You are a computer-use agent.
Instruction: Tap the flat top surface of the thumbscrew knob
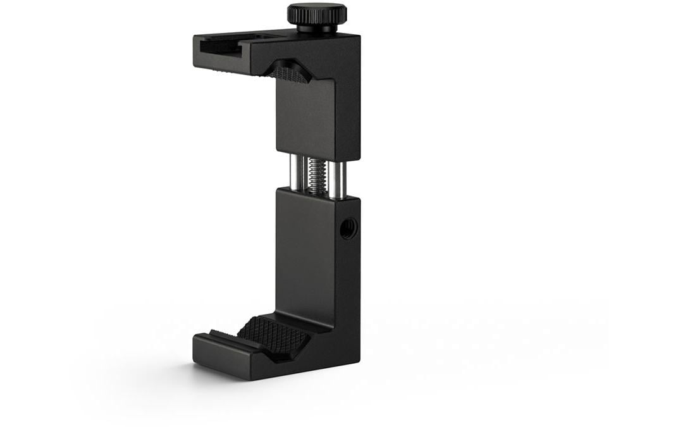click(x=316, y=8)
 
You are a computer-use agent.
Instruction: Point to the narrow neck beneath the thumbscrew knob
click(x=316, y=29)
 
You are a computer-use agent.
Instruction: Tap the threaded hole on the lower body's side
click(x=347, y=228)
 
